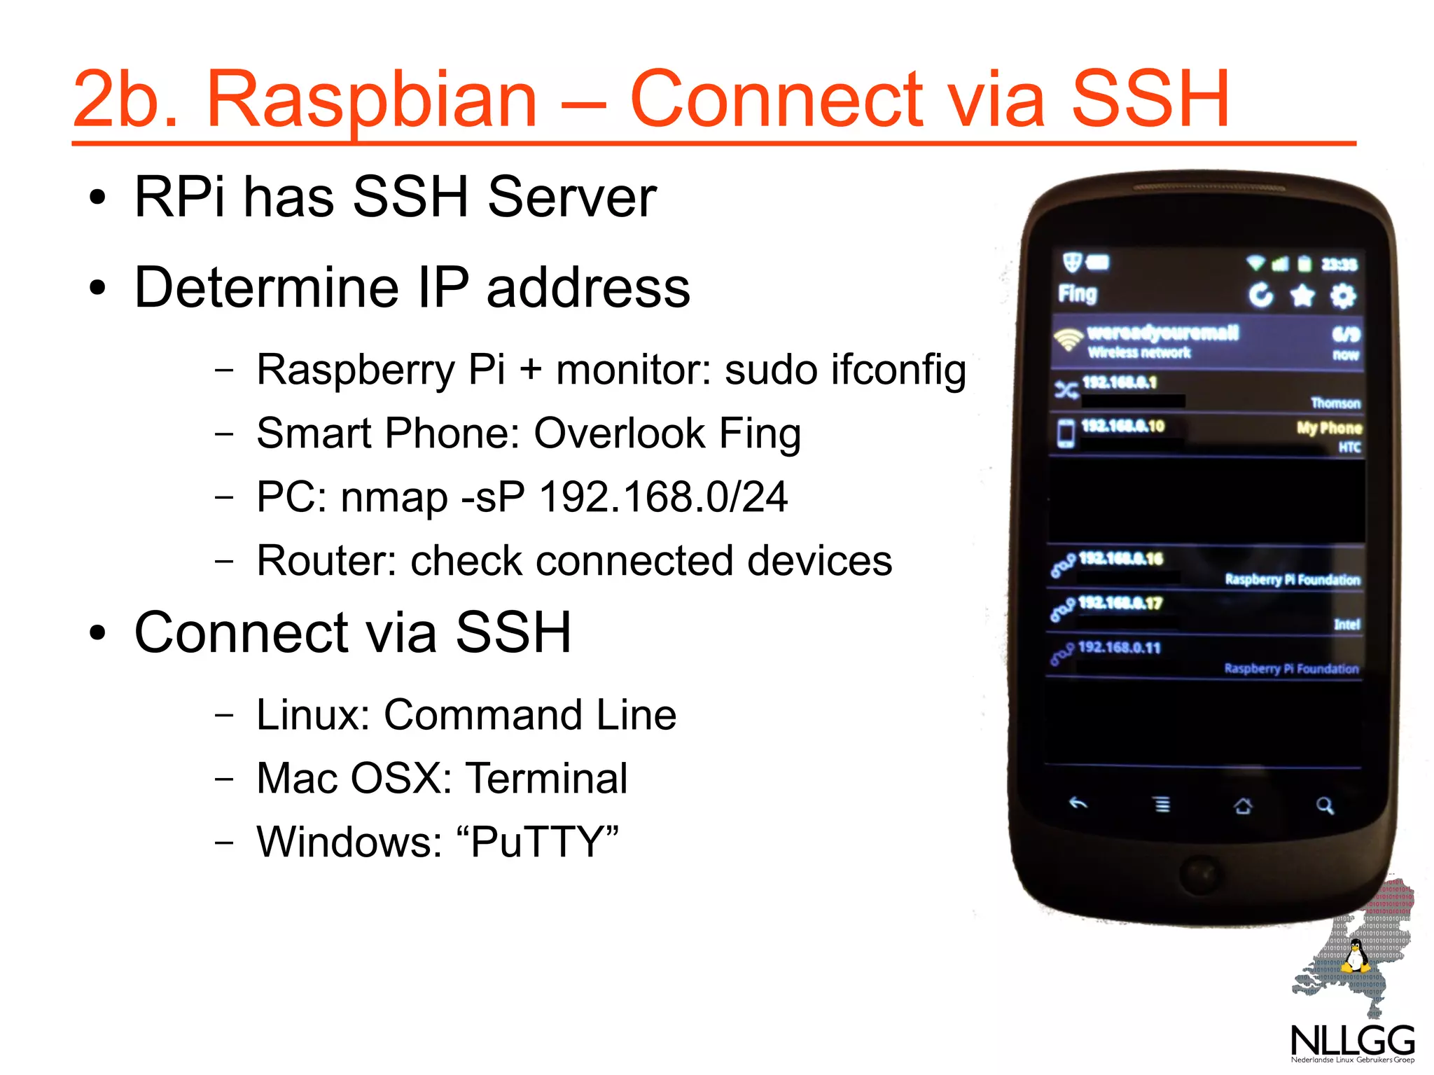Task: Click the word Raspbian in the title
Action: click(x=371, y=99)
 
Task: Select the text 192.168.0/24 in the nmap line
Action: click(x=663, y=497)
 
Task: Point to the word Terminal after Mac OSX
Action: click(x=546, y=778)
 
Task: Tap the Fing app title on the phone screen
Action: click(x=1077, y=293)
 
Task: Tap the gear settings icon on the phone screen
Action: click(x=1342, y=296)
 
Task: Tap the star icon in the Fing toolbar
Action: click(x=1302, y=296)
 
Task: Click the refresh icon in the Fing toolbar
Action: click(x=1261, y=295)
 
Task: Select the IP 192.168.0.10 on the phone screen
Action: click(x=1122, y=426)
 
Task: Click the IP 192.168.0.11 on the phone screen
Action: click(x=1119, y=647)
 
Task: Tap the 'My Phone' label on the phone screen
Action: click(x=1328, y=428)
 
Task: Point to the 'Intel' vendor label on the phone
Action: click(x=1346, y=624)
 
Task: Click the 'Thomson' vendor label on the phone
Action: click(x=1335, y=403)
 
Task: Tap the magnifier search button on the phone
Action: click(x=1324, y=805)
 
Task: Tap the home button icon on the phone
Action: click(x=1243, y=806)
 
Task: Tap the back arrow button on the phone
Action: click(x=1078, y=803)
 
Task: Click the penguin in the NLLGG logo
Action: click(x=1356, y=957)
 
